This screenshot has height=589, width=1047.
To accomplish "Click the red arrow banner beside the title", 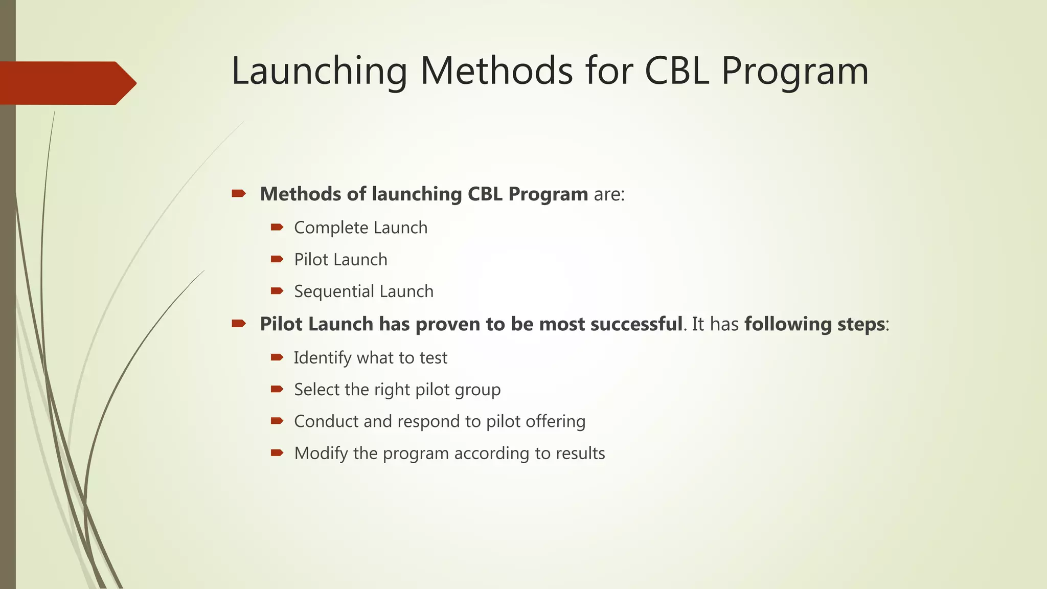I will click(x=66, y=83).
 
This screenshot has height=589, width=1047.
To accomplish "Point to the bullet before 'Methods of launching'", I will click(x=239, y=193).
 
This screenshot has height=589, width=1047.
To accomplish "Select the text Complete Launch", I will click(x=360, y=228).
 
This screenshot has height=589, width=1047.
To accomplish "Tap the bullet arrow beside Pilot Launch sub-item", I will click(x=277, y=259).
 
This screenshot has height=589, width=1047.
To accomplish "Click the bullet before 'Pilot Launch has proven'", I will click(x=239, y=323).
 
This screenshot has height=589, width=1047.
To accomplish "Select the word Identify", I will click(x=323, y=358).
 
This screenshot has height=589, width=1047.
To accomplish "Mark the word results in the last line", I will click(x=580, y=454).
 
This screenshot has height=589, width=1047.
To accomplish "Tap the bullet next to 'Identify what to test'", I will click(x=277, y=357).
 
